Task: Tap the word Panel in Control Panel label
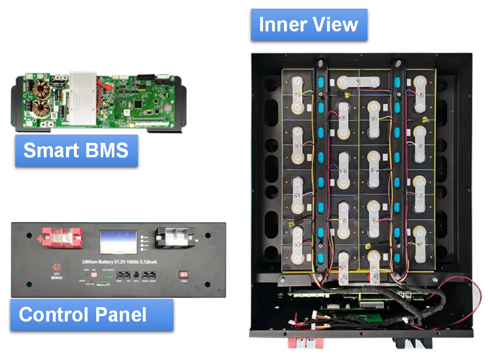click(121, 315)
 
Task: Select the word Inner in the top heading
click(281, 24)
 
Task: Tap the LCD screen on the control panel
click(118, 242)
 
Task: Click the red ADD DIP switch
click(94, 275)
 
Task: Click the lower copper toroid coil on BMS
click(41, 108)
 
